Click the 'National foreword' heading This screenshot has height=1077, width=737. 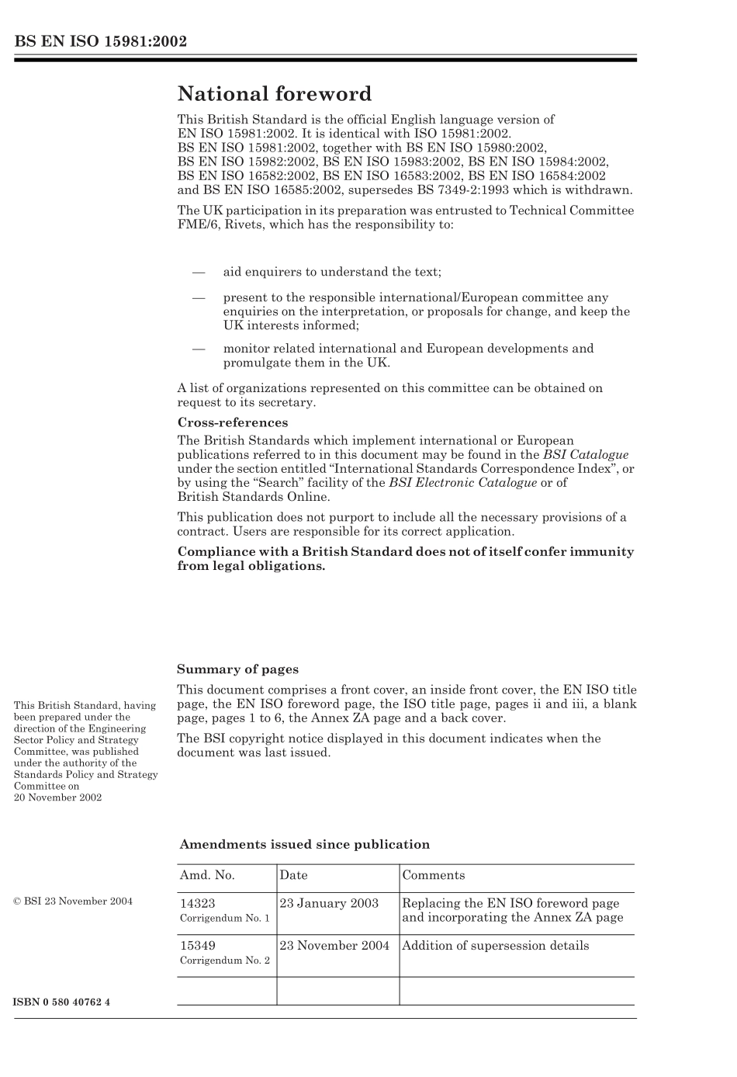coord(275,95)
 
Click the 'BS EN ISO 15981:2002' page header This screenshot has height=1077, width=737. coord(100,42)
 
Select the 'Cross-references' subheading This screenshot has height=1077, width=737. coord(233,423)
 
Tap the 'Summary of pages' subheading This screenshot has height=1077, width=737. coord(237,669)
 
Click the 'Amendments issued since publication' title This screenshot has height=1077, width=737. coord(304,845)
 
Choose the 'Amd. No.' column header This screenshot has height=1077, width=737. coord(207,875)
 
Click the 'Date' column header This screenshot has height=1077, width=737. coord(293,875)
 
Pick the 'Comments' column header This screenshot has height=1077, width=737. coord(433,875)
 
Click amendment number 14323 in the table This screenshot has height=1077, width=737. coord(198,904)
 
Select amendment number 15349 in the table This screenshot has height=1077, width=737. coord(198,946)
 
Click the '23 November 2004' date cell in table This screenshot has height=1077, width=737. coord(334,946)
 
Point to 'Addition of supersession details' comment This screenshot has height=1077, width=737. coord(495,946)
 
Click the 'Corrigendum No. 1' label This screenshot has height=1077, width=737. coord(225,919)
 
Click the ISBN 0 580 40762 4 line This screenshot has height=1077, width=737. coord(61,1002)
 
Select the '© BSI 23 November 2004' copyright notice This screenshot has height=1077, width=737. coord(73,902)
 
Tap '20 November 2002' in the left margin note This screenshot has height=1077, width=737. coord(57,797)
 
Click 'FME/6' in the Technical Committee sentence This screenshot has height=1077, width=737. coord(193,224)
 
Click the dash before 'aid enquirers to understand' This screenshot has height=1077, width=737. coord(199,273)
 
